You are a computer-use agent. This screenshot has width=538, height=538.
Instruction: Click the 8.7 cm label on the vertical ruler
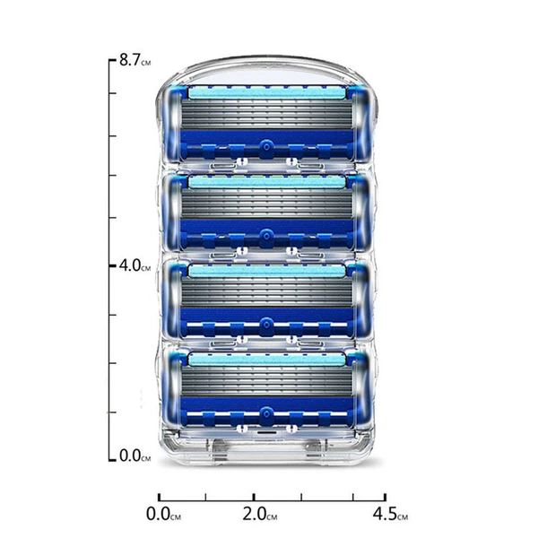134,60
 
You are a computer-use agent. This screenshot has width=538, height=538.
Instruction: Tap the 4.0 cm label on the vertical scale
134,265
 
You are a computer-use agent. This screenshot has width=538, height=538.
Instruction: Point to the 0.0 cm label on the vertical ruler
134,456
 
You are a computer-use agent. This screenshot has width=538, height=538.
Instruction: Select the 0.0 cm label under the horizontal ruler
163,514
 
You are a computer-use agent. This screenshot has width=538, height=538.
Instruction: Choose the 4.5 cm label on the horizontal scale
390,514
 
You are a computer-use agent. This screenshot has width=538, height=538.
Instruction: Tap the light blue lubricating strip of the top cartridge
267,92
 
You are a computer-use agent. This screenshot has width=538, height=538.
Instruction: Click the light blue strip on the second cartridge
267,181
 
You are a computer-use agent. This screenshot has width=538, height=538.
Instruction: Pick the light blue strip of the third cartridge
267,271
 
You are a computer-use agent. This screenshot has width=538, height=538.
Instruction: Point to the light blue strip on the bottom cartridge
267,360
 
